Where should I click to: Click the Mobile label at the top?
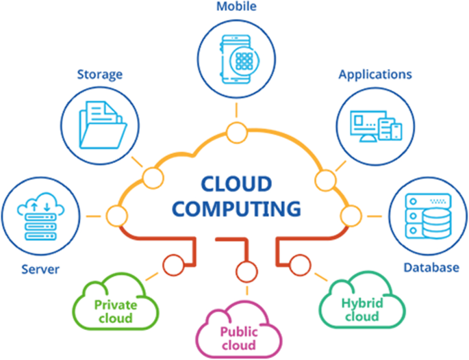tap(234, 7)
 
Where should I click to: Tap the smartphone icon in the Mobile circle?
tap(234, 58)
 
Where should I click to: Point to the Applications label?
tap(375, 73)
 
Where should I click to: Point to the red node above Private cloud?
tap(171, 261)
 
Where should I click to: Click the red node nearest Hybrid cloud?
tap(299, 261)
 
